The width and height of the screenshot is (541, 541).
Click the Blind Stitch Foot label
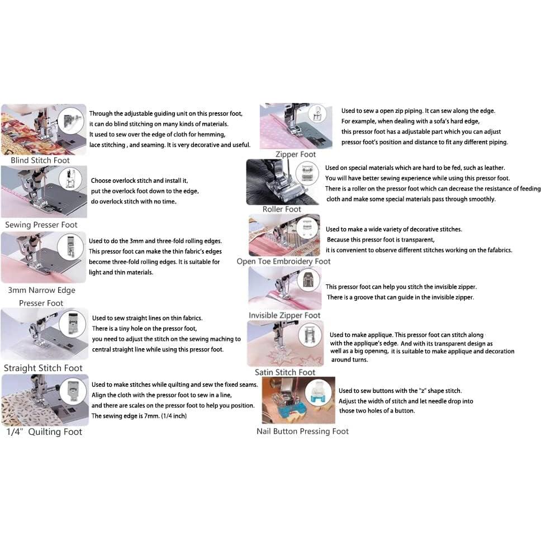(x=40, y=160)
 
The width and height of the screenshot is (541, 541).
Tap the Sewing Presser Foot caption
(x=41, y=225)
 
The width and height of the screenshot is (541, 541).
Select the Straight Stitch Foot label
(x=43, y=368)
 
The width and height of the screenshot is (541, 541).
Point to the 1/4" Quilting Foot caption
(x=44, y=431)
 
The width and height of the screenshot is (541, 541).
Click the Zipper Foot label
(x=296, y=154)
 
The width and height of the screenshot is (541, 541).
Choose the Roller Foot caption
(x=282, y=209)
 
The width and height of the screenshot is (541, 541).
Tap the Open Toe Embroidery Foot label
(x=283, y=261)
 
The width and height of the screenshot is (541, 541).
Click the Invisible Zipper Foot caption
(x=284, y=315)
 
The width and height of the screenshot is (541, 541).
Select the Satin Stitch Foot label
(x=285, y=372)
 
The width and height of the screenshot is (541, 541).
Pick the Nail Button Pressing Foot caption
(x=302, y=431)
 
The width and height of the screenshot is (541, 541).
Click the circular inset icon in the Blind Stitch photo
(x=71, y=121)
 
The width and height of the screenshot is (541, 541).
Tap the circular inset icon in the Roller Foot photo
(x=305, y=172)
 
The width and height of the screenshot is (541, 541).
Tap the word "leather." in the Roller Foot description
(x=491, y=168)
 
